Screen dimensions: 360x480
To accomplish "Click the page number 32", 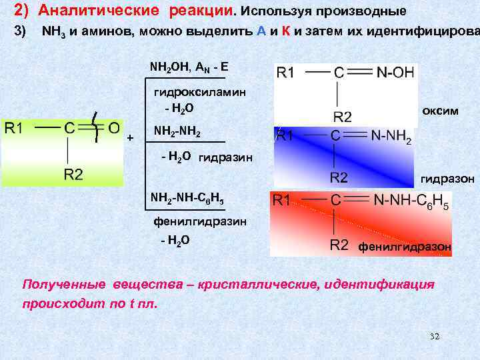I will tap(435, 337).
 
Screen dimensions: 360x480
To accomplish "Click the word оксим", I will tap(440, 111).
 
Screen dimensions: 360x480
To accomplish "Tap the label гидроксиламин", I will tap(190, 92).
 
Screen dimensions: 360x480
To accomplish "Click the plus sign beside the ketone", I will tap(130, 137).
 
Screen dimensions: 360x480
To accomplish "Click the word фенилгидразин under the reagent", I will tap(190, 221).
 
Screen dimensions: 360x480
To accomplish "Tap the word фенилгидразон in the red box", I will tap(404, 247).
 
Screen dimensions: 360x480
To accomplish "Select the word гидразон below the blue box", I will tap(447, 179).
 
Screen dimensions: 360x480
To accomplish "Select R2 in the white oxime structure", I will tap(343, 117).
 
